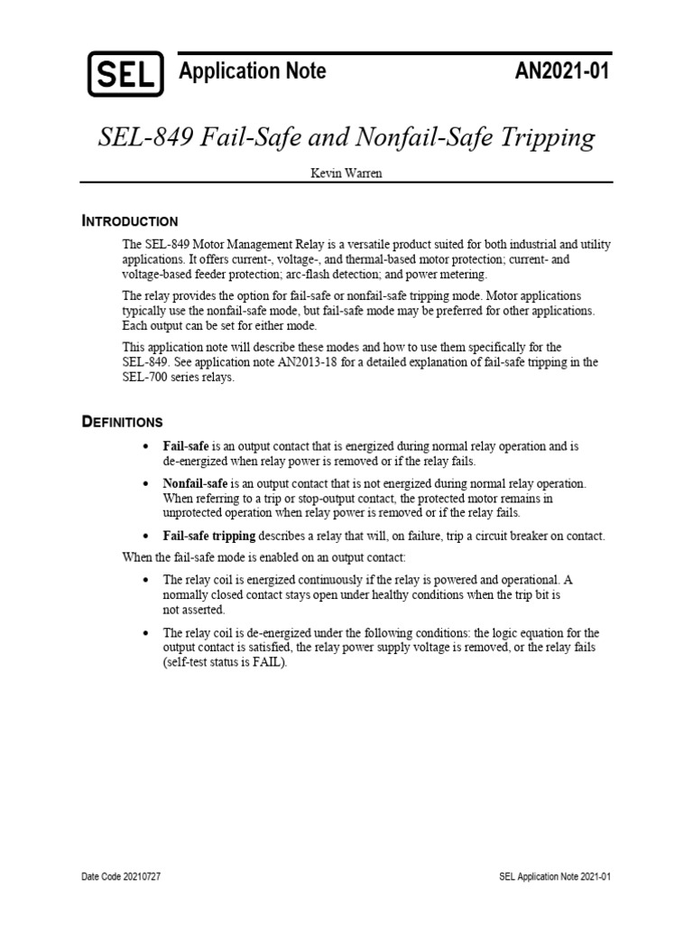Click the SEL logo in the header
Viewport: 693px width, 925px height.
(125, 73)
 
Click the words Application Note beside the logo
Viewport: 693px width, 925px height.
(252, 71)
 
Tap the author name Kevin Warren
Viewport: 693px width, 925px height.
(346, 173)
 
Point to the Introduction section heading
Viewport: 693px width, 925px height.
(130, 221)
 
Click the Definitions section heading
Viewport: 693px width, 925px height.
(123, 422)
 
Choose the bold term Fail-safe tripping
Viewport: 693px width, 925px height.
(209, 536)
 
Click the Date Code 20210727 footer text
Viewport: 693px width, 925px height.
(121, 877)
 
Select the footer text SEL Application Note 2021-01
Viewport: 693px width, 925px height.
(556, 877)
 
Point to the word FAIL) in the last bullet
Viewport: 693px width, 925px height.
(267, 662)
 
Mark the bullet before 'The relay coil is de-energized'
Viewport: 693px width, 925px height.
(147, 632)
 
